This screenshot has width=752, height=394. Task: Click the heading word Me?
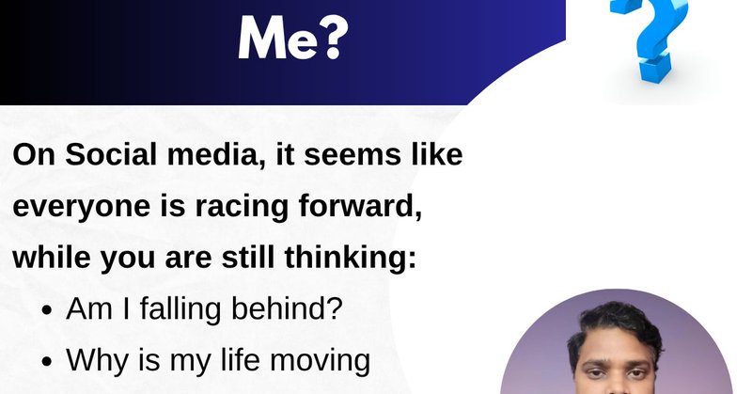tap(292, 38)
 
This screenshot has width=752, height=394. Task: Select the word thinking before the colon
tap(349, 260)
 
